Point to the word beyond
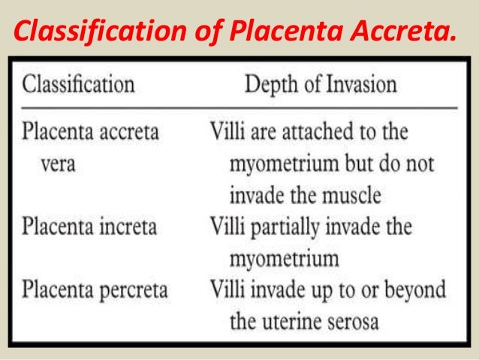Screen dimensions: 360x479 (x=413, y=289)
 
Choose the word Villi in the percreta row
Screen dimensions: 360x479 (x=224, y=289)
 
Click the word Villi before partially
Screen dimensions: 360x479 (x=224, y=226)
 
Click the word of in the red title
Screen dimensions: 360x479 (x=211, y=32)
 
